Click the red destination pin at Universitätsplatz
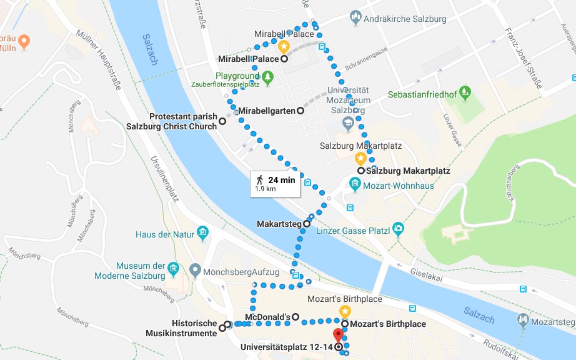(x=338, y=334)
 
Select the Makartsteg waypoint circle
(x=307, y=223)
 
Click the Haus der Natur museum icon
(x=202, y=234)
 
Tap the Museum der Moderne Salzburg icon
(x=175, y=269)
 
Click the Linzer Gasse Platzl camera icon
(x=399, y=230)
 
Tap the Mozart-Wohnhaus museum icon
(x=355, y=184)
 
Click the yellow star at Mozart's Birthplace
(x=344, y=311)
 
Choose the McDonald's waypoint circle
(x=295, y=316)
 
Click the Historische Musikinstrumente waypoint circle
(x=222, y=327)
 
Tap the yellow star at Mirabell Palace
(x=283, y=46)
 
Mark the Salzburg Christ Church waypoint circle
(x=222, y=121)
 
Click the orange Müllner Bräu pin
(x=24, y=42)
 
